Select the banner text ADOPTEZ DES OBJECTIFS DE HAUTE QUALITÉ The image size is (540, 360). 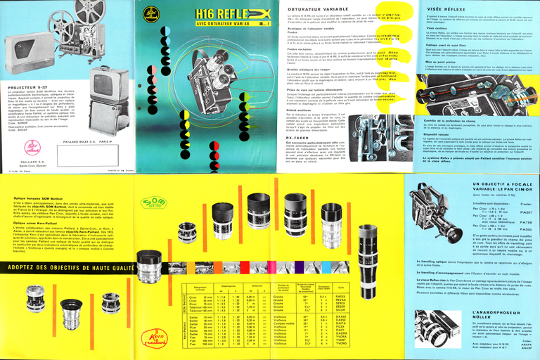point(67,268)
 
